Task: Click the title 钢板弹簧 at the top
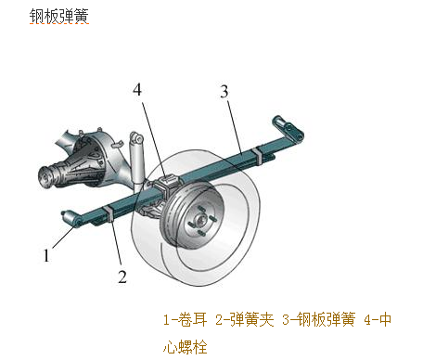[x=59, y=16]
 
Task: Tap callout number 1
[x=46, y=255]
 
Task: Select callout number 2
[x=122, y=276]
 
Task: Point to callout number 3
[x=224, y=91]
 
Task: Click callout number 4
[x=137, y=90]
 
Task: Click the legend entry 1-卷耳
[x=185, y=319]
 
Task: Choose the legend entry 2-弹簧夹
[x=245, y=319]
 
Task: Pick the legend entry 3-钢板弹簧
[x=319, y=319]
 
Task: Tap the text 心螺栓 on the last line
[x=185, y=347]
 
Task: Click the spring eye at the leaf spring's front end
[x=71, y=219]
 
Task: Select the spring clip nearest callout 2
[x=109, y=214]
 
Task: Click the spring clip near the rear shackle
[x=257, y=157]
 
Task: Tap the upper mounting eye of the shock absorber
[x=136, y=138]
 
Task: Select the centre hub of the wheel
[x=200, y=220]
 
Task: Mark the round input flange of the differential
[x=45, y=178]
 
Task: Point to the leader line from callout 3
[x=235, y=127]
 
